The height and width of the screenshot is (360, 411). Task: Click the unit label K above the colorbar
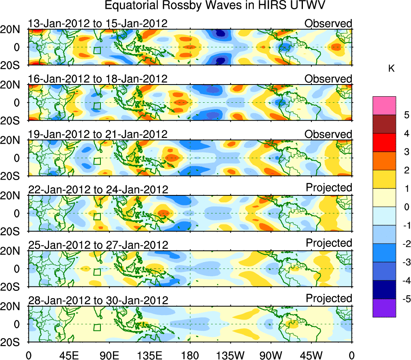coord(392,69)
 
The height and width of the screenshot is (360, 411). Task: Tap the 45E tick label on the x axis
coord(68,356)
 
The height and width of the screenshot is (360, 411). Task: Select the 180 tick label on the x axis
coord(190,356)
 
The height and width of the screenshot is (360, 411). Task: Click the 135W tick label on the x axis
coord(230,356)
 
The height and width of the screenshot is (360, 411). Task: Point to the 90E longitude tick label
coord(109,356)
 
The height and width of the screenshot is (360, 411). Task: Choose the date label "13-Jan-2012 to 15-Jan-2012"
coord(98,23)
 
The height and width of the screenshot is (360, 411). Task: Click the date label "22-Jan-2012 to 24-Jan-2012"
coord(98,189)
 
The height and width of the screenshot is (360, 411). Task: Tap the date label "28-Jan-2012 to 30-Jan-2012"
coord(98,300)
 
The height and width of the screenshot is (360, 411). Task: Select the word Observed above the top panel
coord(328,23)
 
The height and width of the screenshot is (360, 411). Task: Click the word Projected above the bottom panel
coord(329,299)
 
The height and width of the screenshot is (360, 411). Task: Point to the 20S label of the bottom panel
coord(13,342)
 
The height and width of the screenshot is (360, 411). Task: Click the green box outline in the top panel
coord(97,51)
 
